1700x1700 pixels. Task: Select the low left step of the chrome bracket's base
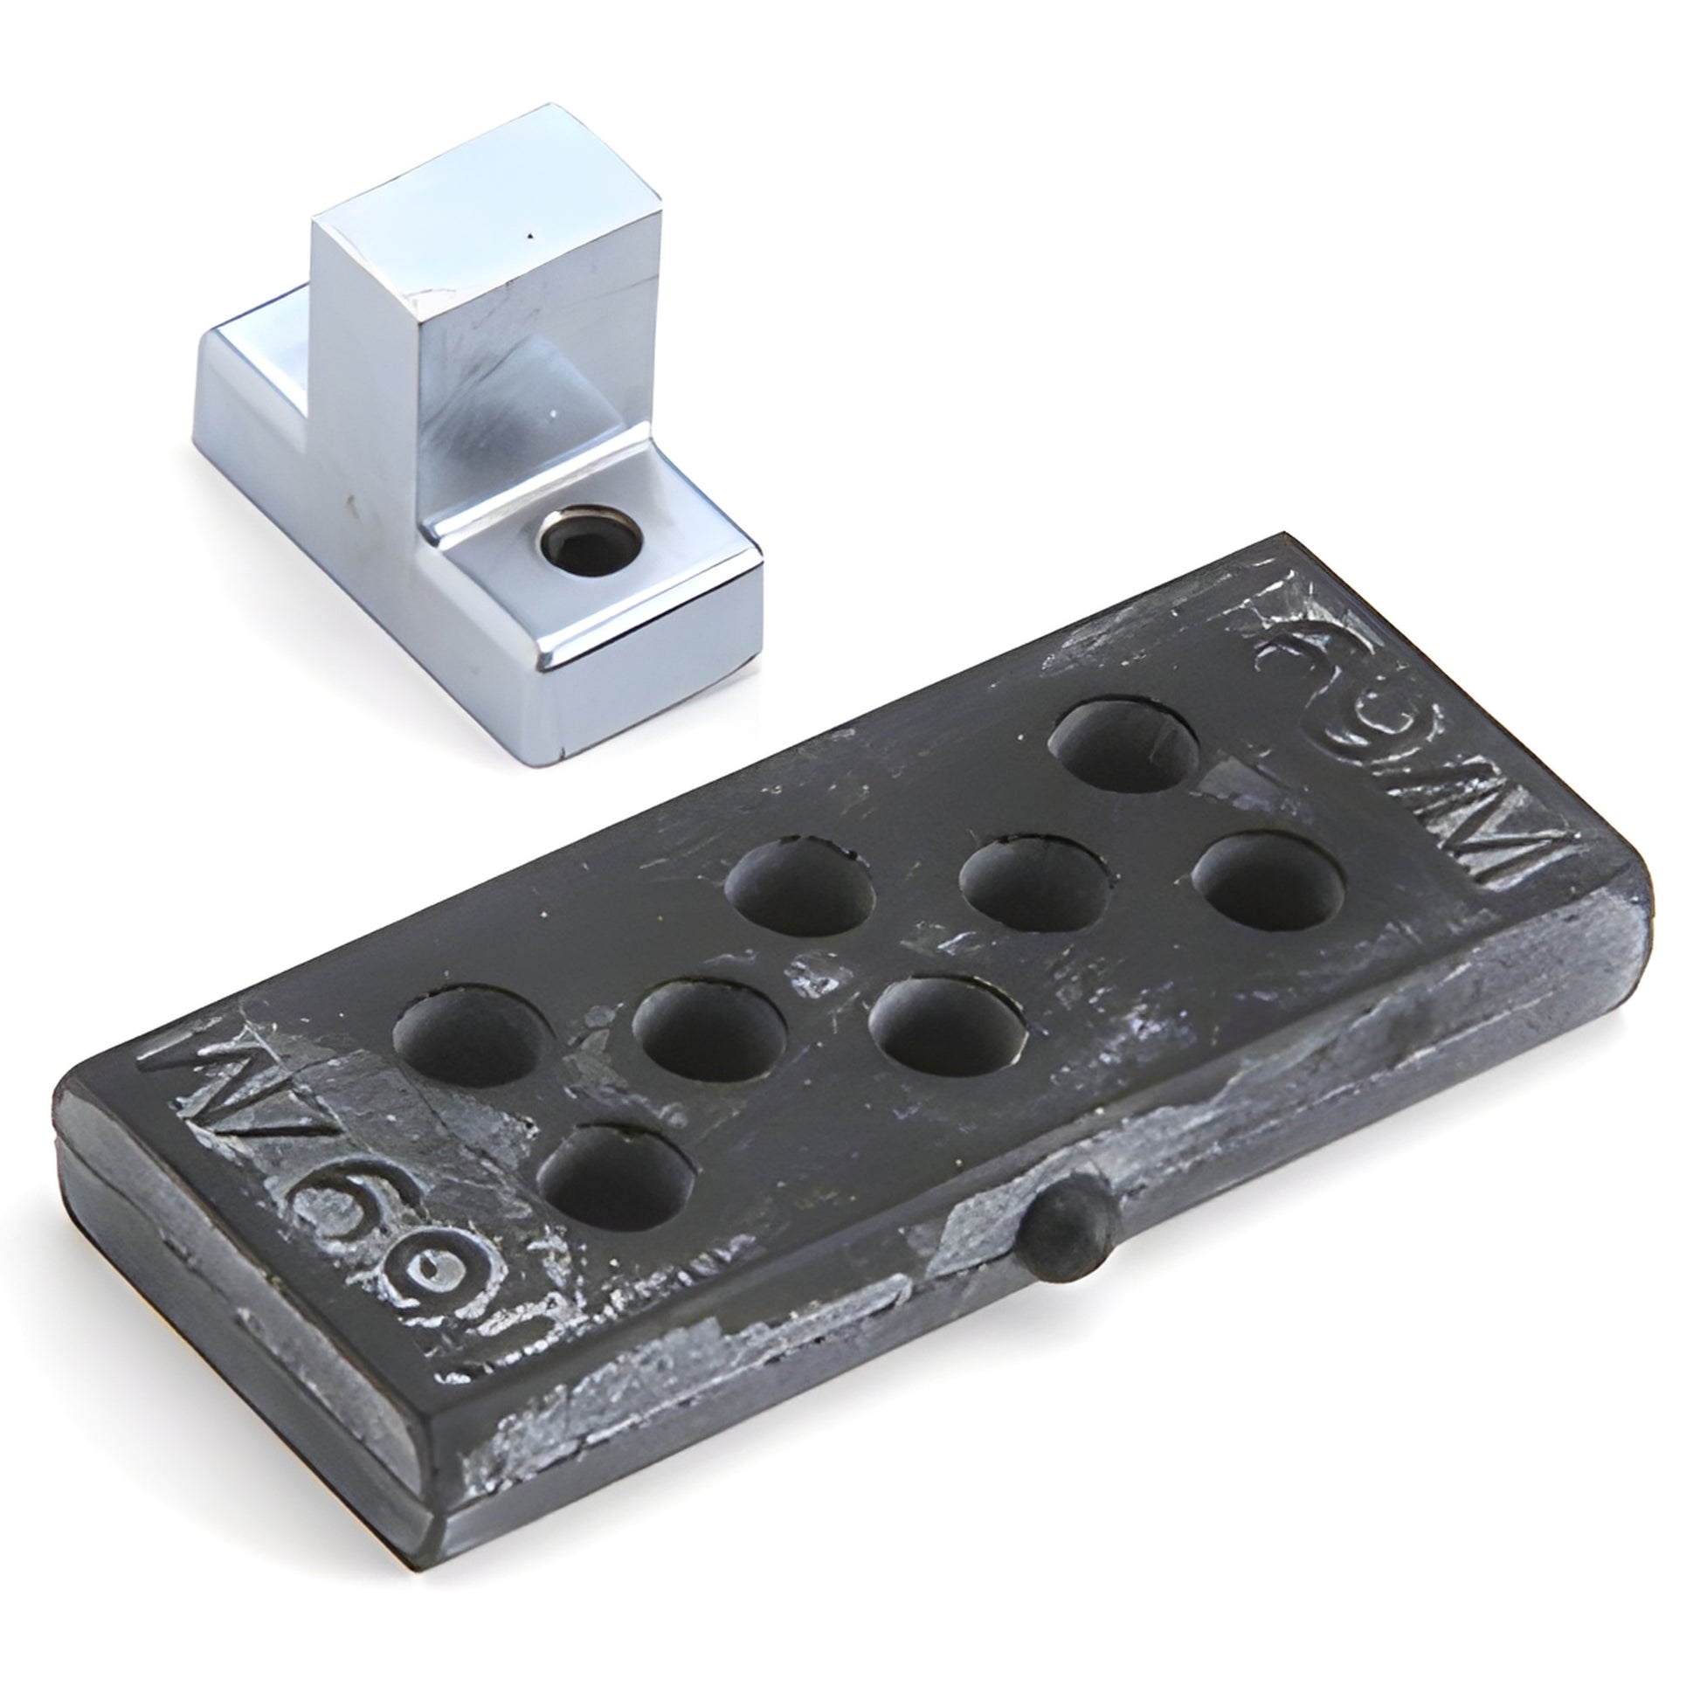(255, 370)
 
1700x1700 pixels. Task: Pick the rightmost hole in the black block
(1267, 883)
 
